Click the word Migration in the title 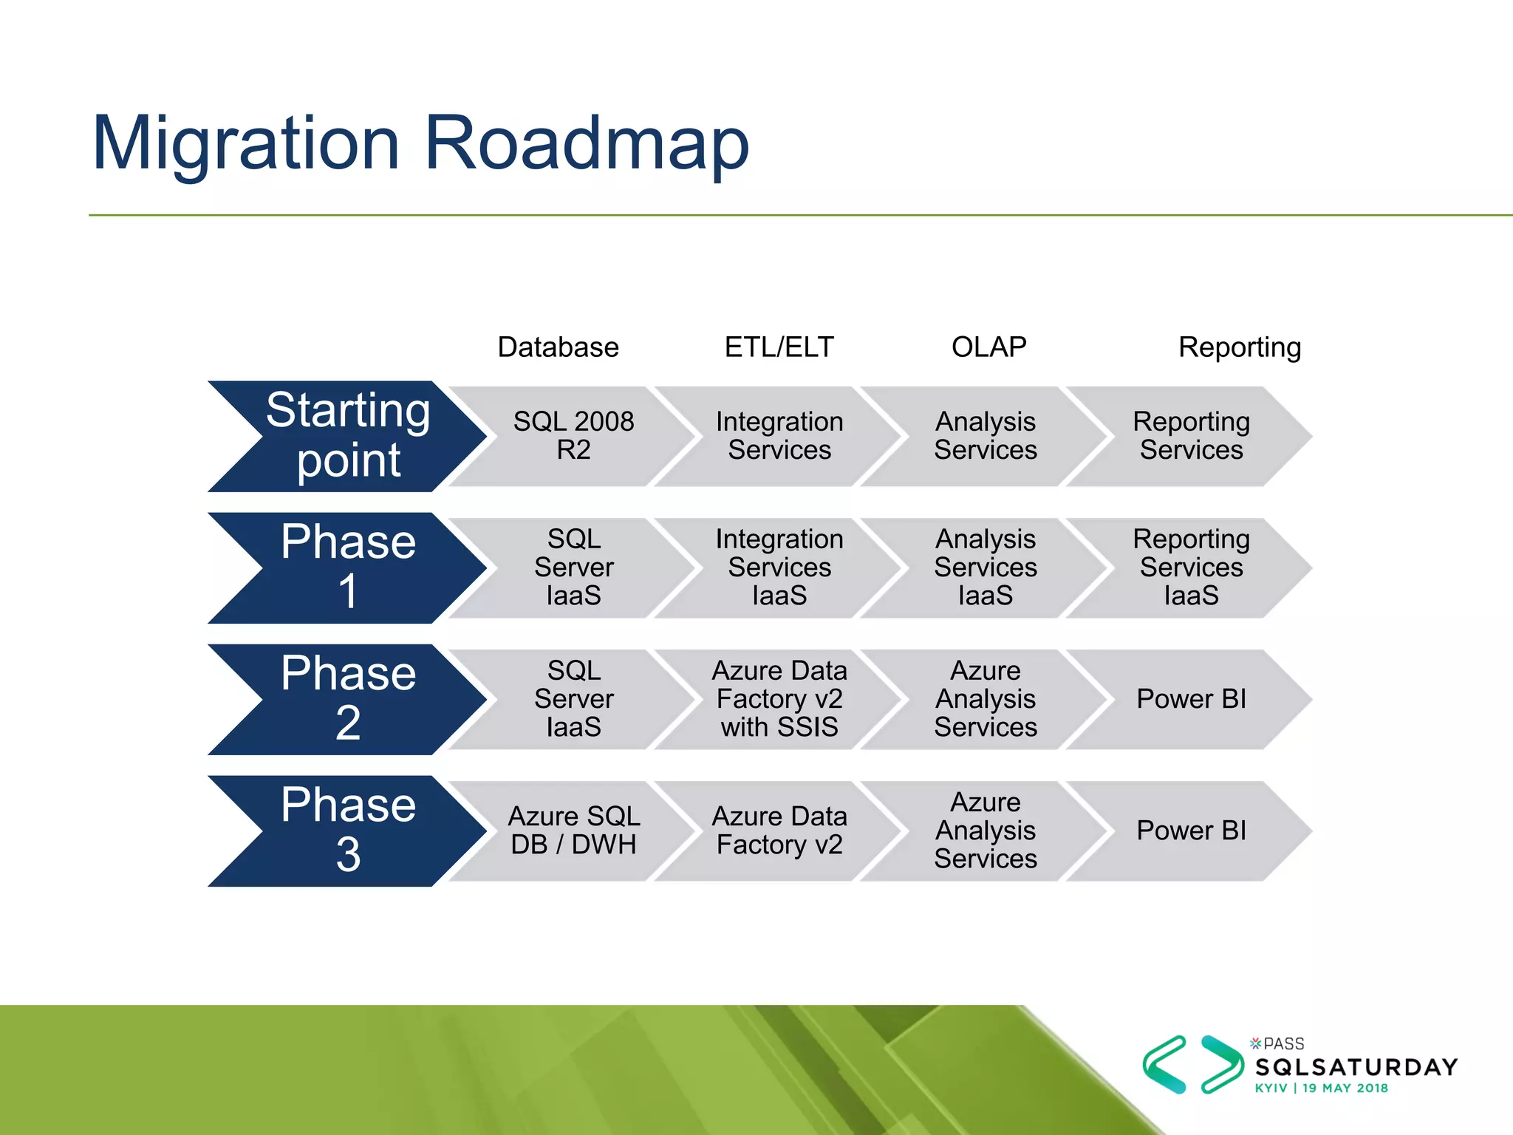(x=246, y=144)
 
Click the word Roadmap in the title (x=587, y=144)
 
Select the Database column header (x=558, y=347)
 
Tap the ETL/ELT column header (x=779, y=347)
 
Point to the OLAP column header (x=988, y=347)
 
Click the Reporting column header (x=1239, y=347)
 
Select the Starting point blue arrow (x=347, y=436)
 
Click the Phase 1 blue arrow (x=347, y=567)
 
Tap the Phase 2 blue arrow (x=347, y=699)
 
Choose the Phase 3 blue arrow (x=347, y=831)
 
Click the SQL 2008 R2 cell (x=573, y=436)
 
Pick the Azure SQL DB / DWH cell (x=573, y=831)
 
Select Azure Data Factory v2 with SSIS (x=779, y=699)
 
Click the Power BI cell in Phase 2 (x=1191, y=699)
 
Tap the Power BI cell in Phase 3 (x=1191, y=831)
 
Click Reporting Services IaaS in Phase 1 (x=1191, y=567)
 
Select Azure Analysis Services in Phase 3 (x=985, y=831)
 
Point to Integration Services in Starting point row (x=779, y=436)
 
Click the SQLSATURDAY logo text (x=1356, y=1067)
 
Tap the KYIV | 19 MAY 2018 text (x=1321, y=1088)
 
